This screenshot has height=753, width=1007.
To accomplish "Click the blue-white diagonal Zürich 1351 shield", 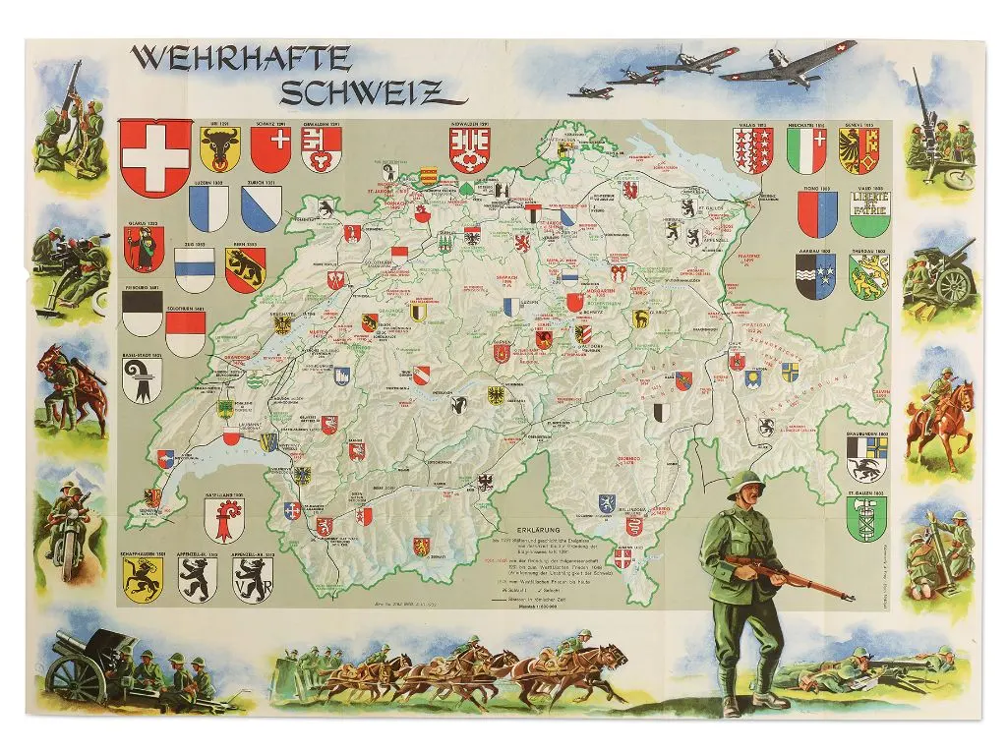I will [263, 208].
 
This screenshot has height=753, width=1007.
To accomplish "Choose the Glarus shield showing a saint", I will [145, 250].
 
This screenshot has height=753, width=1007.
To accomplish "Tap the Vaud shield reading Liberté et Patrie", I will [869, 214].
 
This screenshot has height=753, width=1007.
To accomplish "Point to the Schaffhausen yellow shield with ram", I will [143, 580].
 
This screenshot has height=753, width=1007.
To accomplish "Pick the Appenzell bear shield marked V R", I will [248, 580].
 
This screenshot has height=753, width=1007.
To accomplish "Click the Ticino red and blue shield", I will [817, 214].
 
